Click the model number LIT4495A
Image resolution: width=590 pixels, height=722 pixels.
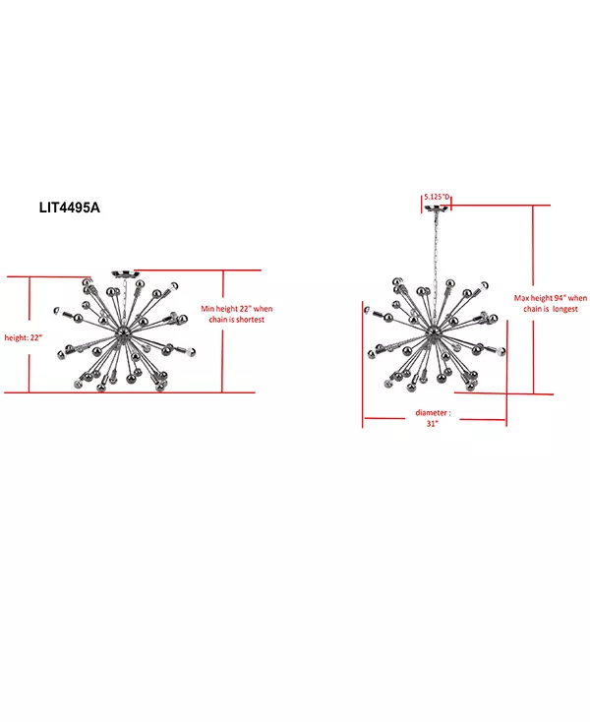(x=70, y=208)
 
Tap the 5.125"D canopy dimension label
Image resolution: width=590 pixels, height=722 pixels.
(x=437, y=197)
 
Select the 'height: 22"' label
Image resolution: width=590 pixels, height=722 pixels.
(x=23, y=338)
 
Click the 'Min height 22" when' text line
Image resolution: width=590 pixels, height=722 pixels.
(x=237, y=309)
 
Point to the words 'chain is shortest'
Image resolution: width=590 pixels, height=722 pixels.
(x=237, y=320)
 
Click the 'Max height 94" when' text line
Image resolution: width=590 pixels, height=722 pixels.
(x=551, y=298)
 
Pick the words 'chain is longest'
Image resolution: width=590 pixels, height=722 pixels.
(x=551, y=309)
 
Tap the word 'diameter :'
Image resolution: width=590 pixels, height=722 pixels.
(x=433, y=412)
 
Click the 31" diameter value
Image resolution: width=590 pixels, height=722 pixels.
(x=432, y=424)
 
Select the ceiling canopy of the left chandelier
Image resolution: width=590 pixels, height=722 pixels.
(x=125, y=274)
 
